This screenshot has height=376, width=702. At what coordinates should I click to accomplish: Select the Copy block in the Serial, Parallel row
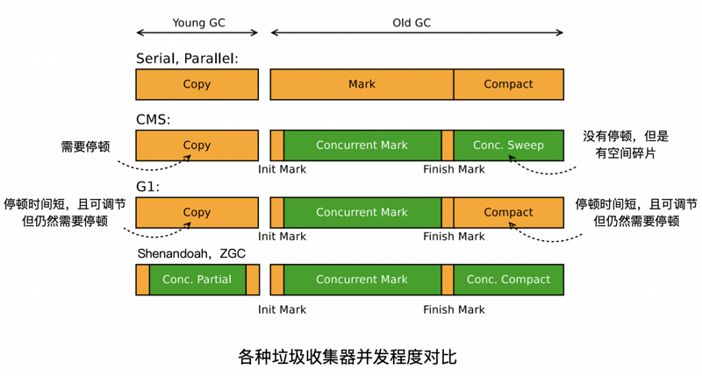pos(197,85)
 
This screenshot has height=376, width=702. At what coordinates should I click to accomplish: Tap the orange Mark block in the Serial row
pos(362,85)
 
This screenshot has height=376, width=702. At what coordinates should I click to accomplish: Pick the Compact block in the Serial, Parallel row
pos(508,85)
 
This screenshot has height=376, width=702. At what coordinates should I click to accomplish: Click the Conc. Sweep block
pos(508,145)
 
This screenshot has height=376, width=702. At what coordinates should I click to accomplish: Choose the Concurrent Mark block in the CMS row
pos(362,145)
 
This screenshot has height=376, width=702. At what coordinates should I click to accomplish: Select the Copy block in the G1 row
pos(197,212)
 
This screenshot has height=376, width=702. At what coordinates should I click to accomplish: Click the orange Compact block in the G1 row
pos(508,212)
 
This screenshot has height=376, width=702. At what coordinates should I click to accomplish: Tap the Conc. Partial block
pos(197,280)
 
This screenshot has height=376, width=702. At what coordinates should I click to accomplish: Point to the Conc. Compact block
pos(508,280)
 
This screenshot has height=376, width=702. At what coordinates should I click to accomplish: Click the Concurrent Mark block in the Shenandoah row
pos(362,280)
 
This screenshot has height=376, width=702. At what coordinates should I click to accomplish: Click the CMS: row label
pos(154,119)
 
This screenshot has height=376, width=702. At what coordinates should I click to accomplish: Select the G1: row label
pos(148,187)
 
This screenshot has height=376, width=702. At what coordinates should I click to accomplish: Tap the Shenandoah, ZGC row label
pos(190,253)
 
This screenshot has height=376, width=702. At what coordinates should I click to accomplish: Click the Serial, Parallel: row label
pos(187,59)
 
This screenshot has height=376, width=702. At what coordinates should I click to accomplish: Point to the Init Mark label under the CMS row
pos(282,169)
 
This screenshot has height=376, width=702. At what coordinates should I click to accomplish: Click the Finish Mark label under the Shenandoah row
pos(454,309)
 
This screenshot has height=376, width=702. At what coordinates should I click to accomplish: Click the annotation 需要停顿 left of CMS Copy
pos(85,146)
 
